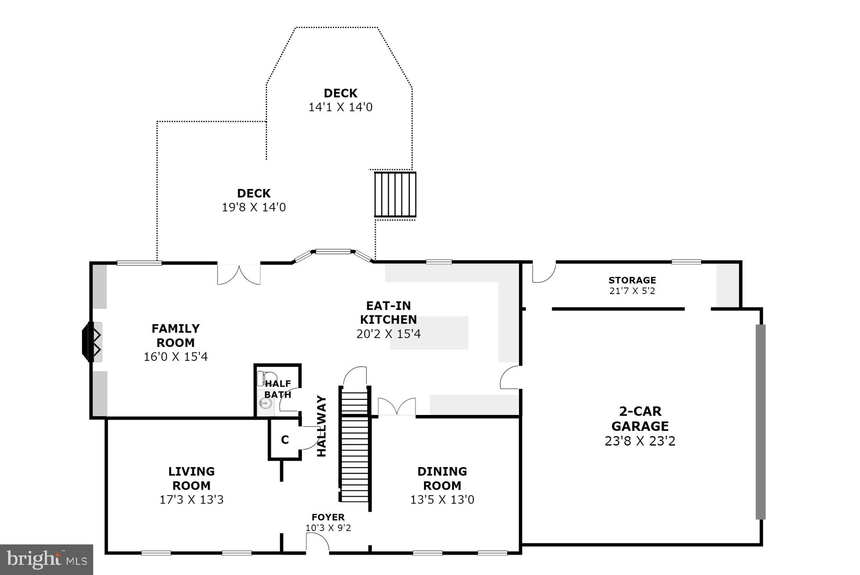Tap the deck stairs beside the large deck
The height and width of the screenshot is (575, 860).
click(395, 194)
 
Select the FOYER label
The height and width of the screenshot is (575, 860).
click(328, 517)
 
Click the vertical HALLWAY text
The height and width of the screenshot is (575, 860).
click(321, 426)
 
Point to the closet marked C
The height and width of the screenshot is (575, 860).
click(285, 440)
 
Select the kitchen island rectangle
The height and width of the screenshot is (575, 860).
click(429, 333)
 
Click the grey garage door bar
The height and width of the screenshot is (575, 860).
click(760, 421)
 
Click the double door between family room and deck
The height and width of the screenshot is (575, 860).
click(239, 274)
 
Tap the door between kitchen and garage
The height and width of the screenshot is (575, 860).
click(511, 377)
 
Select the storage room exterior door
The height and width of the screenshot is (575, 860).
click(544, 272)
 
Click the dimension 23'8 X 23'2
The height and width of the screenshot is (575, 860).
click(640, 441)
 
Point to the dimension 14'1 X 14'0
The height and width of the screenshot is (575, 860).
click(340, 107)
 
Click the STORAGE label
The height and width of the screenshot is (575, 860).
click(632, 280)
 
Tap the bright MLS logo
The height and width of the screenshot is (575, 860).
click(46, 559)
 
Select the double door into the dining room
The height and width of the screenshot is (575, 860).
click(397, 407)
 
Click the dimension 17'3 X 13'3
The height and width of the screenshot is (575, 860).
click(191, 499)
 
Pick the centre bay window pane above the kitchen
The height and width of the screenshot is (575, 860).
click(333, 252)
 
